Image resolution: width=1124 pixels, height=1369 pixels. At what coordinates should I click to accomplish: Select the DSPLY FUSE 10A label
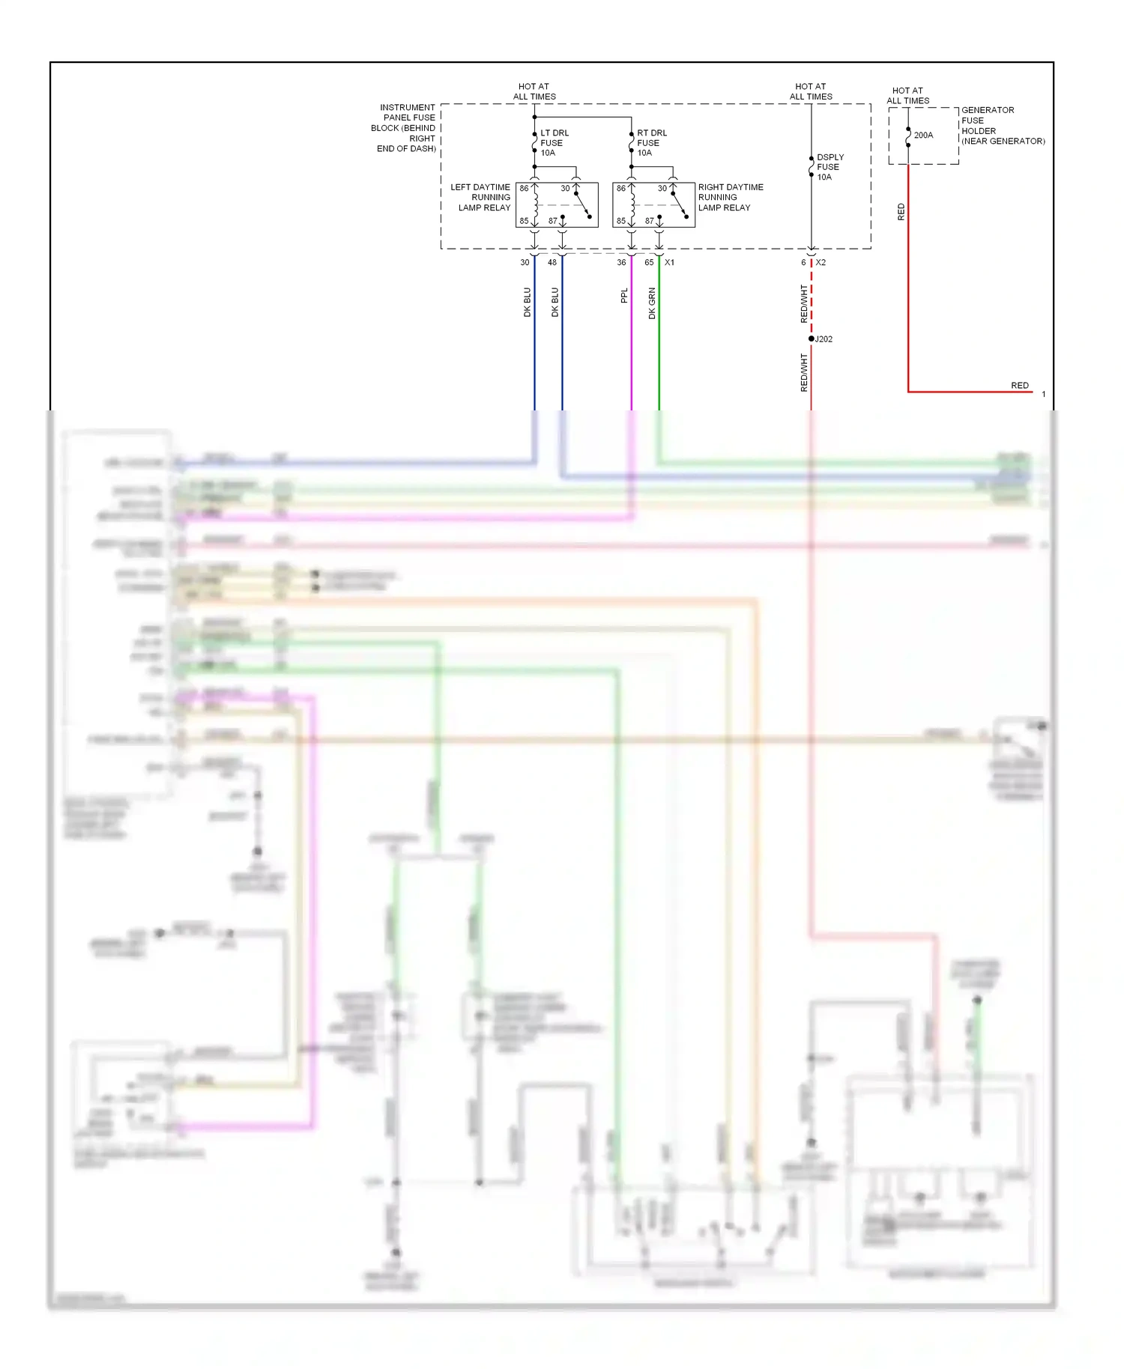point(829,167)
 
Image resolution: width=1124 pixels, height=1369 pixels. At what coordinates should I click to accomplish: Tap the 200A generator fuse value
point(923,135)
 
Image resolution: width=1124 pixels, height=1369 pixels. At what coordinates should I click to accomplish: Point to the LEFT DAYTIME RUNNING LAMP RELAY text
point(481,197)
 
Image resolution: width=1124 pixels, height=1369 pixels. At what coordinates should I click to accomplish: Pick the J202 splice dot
point(812,339)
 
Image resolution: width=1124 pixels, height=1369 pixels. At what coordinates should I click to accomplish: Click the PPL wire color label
point(624,296)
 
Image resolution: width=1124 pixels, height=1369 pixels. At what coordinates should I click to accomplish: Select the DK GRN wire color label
point(652,303)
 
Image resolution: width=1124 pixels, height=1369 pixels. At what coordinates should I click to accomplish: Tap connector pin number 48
point(552,262)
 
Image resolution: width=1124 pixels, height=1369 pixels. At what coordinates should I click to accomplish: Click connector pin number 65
point(649,262)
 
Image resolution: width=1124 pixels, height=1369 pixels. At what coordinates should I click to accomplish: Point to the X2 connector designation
point(821,262)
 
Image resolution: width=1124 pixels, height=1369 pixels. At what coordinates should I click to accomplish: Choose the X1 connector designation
point(669,262)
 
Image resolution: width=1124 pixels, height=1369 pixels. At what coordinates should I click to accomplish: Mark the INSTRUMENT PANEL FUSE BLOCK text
point(405,127)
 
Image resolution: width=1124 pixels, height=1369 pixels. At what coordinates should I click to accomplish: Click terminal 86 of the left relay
point(524,188)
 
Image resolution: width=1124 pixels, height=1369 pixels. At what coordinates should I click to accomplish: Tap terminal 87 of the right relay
point(649,221)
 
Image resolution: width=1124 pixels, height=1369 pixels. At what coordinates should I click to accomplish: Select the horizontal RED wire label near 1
point(1019,385)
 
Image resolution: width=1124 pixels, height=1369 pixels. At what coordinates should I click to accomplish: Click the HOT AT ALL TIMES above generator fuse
point(907,95)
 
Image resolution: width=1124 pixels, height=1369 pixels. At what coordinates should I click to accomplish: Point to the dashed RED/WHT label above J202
point(804,303)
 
